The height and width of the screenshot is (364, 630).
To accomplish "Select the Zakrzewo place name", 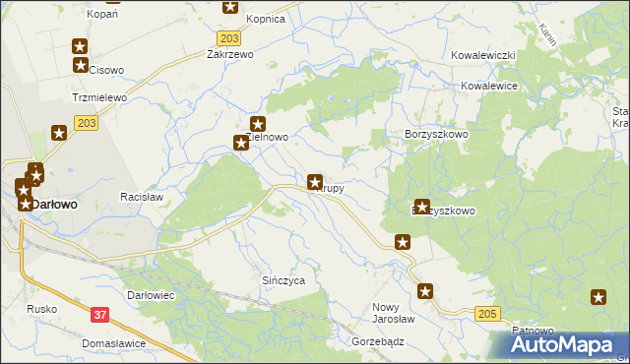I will click(230, 55).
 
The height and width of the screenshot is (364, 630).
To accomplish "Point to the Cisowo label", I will click(106, 70).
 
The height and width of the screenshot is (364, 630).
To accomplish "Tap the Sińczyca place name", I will click(283, 280).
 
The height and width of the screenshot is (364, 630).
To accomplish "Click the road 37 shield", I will click(99, 314).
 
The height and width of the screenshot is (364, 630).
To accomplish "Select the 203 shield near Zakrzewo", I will click(228, 37).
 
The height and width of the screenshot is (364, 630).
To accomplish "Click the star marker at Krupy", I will click(315, 182).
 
